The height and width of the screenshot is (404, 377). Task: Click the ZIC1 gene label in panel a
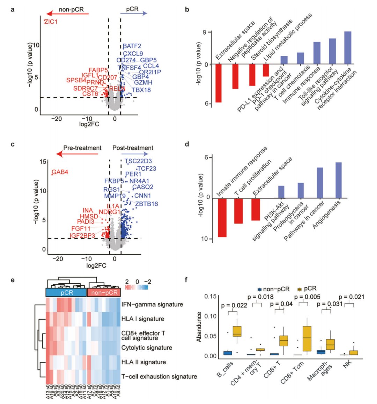tap(51, 22)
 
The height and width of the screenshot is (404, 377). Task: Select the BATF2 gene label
tap(132, 46)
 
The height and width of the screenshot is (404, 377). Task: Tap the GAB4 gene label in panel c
tap(60, 172)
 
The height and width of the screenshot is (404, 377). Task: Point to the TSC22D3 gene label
tap(138, 161)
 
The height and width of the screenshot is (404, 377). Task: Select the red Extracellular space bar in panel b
tap(219, 83)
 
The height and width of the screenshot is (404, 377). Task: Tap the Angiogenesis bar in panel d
tap(338, 180)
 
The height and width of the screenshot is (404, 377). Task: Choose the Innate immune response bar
tap(222, 218)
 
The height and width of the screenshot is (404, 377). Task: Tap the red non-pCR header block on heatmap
tap(103, 292)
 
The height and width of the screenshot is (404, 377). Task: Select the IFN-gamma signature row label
tap(152, 305)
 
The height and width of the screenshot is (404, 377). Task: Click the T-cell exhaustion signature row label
tap(159, 376)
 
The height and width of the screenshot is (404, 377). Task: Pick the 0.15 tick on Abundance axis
tap(211, 297)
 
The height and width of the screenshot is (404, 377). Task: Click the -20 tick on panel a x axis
tap(57, 119)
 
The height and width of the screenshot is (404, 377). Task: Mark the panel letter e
tap(13, 279)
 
